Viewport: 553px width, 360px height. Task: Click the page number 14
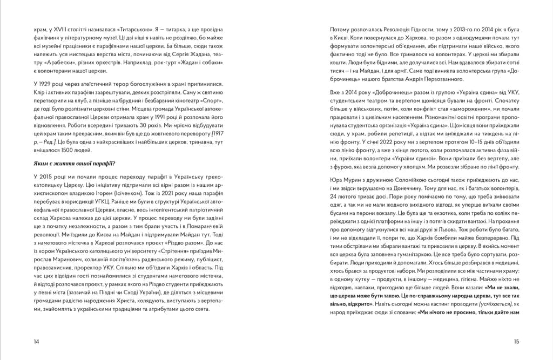[x=36, y=341]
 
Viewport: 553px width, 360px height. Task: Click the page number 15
[x=516, y=341]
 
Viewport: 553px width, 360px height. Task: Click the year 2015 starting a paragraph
[x=49, y=176]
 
